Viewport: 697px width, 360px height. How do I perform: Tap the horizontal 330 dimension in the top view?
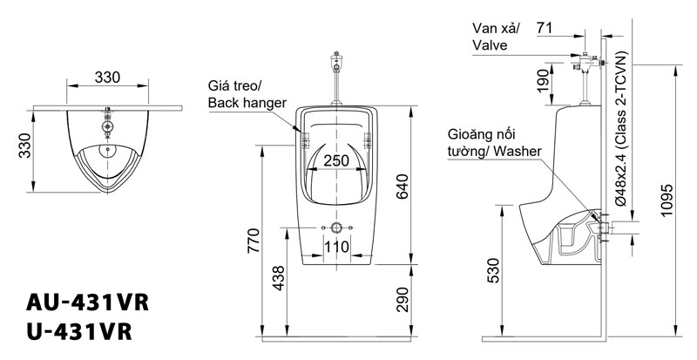coord(107,78)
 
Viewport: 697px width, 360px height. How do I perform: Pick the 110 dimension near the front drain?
coord(336,248)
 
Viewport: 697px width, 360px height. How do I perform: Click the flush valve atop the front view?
coord(335,63)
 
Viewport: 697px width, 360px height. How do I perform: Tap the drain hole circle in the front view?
coord(336,228)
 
